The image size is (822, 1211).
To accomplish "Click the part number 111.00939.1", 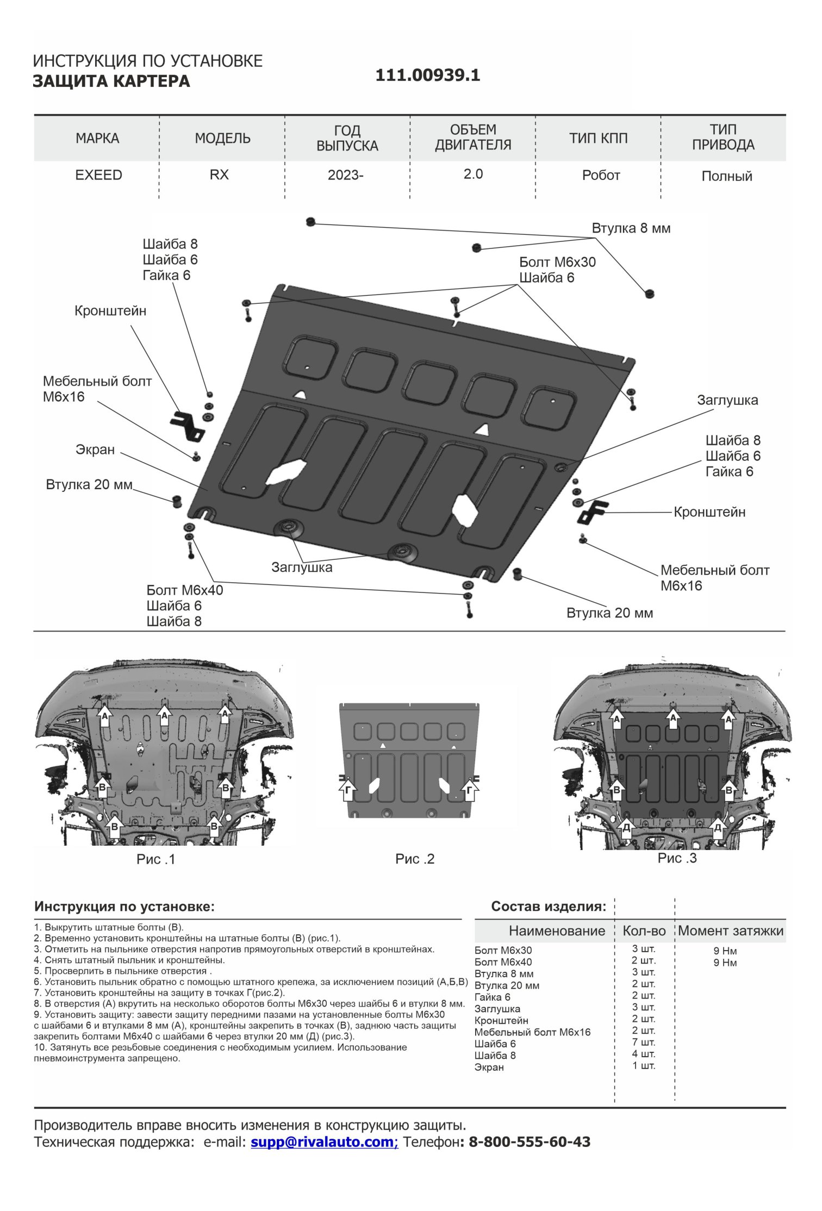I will pyautogui.click(x=427, y=75).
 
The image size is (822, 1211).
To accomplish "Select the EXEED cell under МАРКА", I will pyautogui.click(x=98, y=175).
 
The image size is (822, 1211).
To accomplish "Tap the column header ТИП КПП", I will pyautogui.click(x=598, y=138).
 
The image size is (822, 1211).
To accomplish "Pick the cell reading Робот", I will pyautogui.click(x=601, y=176).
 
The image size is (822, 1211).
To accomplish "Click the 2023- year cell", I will pyautogui.click(x=345, y=175).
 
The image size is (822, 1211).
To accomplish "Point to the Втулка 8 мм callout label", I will pyautogui.click(x=631, y=228).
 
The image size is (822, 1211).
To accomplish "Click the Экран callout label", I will pyautogui.click(x=95, y=450).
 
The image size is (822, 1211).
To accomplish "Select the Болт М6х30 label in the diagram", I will pyautogui.click(x=557, y=262).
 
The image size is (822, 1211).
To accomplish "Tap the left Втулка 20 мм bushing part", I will pyautogui.click(x=176, y=500).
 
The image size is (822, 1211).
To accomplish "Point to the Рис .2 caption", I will pyautogui.click(x=415, y=859).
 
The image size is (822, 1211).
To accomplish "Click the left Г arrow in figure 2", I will pyautogui.click(x=348, y=791).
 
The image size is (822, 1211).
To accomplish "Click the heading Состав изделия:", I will pyautogui.click(x=548, y=906).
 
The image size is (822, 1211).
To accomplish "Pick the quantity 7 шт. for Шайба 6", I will pyautogui.click(x=644, y=1042).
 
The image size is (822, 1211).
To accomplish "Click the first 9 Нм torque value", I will pyautogui.click(x=725, y=951).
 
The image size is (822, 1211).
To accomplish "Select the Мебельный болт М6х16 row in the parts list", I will pyautogui.click(x=532, y=1032).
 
